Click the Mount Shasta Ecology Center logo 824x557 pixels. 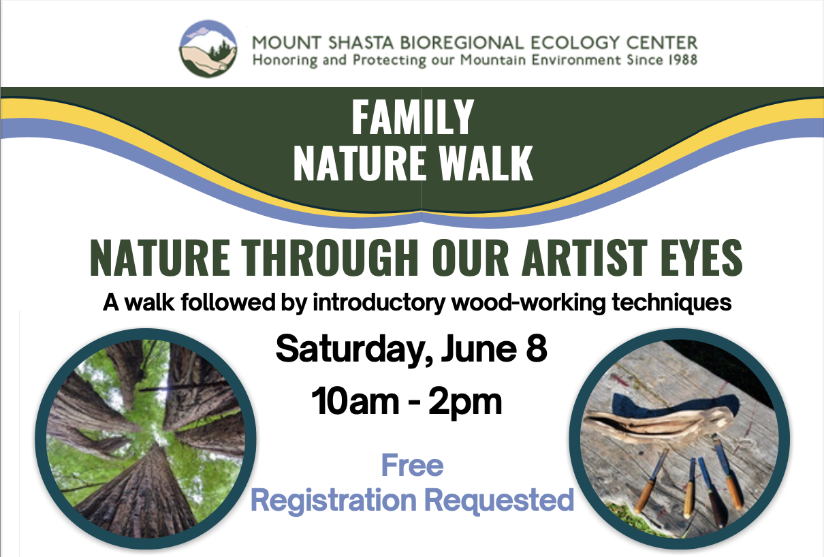(208, 48)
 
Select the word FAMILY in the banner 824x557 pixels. (412, 118)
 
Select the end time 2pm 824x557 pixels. (465, 402)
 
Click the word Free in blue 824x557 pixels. (412, 466)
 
